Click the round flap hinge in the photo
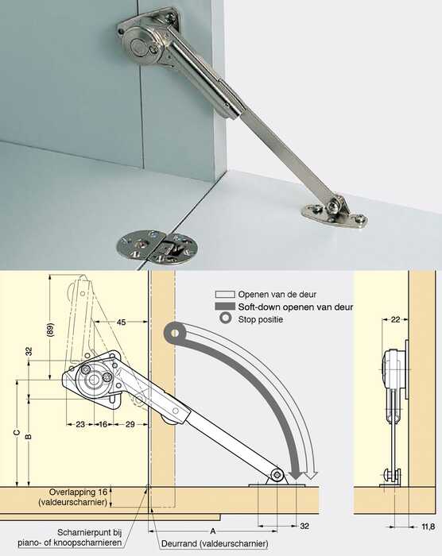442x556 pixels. tap(157, 248)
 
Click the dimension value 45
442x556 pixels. tap(121, 322)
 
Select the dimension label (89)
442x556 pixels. tap(50, 330)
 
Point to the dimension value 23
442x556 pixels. tap(80, 424)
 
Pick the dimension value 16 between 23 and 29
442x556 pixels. tap(103, 424)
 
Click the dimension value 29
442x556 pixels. tap(130, 424)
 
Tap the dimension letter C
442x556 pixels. tap(17, 433)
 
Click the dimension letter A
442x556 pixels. tap(213, 531)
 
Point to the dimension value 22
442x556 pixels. tap(395, 319)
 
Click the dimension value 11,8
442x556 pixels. tap(428, 527)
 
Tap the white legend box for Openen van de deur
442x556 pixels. tap(225, 295)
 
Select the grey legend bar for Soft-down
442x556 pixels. tap(225, 307)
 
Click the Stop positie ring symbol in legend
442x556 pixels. tap(225, 319)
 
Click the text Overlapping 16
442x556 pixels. tap(78, 492)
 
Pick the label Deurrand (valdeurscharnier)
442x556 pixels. tap(215, 543)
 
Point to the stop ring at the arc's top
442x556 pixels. tap(174, 334)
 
